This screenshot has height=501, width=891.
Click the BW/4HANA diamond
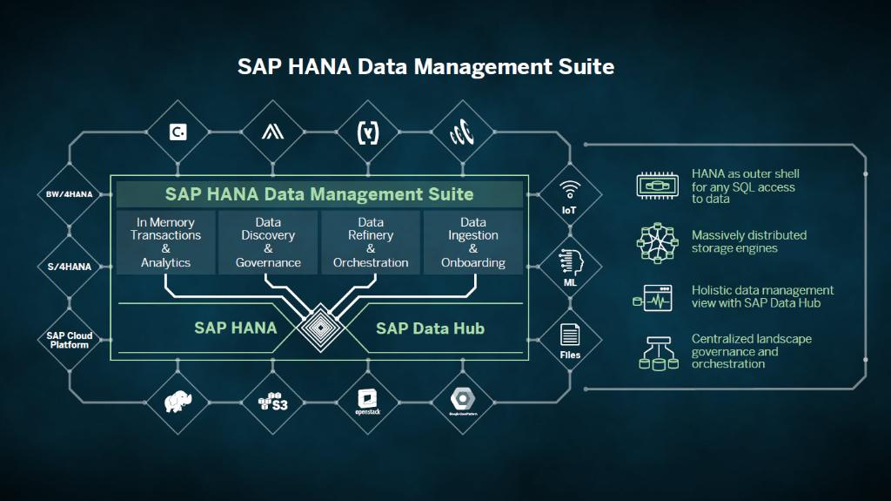69,193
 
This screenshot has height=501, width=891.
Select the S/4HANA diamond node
69,266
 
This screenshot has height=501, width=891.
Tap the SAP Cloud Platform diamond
69,340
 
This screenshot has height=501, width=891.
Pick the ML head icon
570,261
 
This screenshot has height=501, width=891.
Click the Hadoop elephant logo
178,402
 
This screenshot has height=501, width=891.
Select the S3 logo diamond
272,402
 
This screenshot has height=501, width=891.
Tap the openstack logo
366,402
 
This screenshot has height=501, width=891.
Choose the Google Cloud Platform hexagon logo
461,401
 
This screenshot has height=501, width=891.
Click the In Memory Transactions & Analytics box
165,242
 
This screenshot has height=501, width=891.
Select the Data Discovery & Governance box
268,242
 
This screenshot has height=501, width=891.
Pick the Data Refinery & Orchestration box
371,242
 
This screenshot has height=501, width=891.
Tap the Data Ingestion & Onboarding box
473,242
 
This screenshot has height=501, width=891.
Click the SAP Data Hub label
430,328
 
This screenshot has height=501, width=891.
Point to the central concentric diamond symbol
319,328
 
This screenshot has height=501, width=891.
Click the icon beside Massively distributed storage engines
657,242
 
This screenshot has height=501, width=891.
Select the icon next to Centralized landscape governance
657,351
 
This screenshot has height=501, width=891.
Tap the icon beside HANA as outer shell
657,186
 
